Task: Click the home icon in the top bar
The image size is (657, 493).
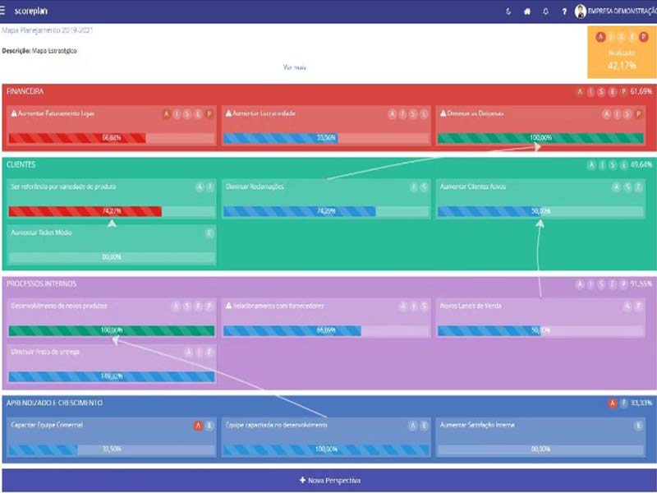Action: click(527, 12)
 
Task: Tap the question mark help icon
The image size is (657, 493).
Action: click(564, 12)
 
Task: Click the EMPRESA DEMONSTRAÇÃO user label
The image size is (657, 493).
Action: click(622, 12)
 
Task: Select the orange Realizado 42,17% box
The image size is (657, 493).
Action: click(621, 53)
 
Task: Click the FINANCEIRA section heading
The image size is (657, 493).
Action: click(25, 91)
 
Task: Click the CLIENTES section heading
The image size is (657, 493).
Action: click(21, 165)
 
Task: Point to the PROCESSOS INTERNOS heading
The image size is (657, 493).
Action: click(42, 283)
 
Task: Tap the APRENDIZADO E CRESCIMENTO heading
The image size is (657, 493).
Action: click(54, 403)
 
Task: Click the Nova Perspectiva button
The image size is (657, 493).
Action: click(329, 480)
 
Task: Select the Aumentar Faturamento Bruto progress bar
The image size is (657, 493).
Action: click(112, 138)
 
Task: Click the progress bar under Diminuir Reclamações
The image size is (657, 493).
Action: click(326, 211)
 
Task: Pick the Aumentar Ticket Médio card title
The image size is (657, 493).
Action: click(42, 233)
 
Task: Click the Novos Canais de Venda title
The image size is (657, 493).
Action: click(471, 306)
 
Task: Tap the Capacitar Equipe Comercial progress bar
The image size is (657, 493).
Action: click(112, 449)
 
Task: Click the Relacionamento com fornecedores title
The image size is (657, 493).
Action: click(278, 306)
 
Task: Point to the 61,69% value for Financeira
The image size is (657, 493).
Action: click(641, 91)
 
